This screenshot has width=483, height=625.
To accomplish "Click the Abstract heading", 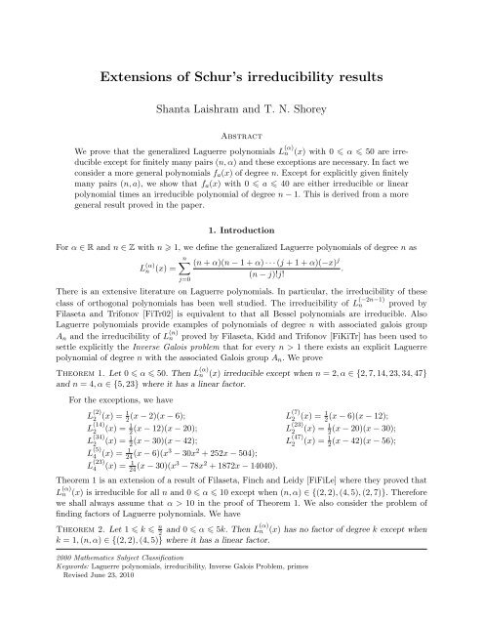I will pyautogui.click(x=242, y=138).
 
